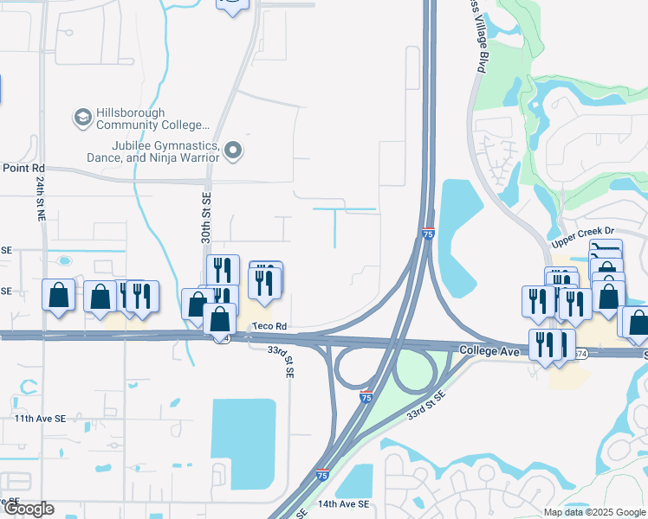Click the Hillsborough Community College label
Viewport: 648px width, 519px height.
click(154, 125)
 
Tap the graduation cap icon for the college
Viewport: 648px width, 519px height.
click(83, 118)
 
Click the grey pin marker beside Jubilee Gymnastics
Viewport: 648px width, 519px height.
click(233, 152)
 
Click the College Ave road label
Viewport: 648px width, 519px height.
click(488, 352)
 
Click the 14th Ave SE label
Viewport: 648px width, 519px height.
click(343, 503)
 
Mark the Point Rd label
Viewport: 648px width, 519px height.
click(23, 168)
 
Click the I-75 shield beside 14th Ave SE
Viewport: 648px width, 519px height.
click(322, 475)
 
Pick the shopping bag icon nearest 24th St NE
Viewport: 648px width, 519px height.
click(58, 295)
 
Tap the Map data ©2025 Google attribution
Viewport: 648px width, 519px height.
click(593, 512)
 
